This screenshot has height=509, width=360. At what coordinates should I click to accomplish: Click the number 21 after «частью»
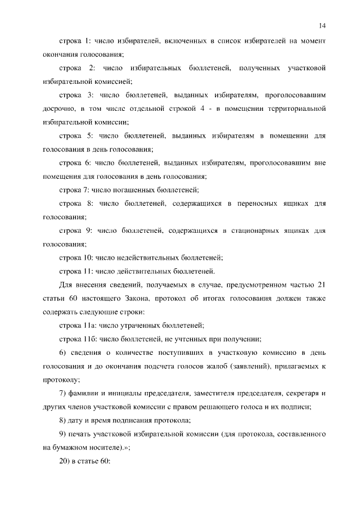[x=321, y=285]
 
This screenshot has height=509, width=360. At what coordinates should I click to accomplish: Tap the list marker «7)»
[x=63, y=393]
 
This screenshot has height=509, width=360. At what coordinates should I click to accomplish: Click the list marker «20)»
[x=66, y=461]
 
